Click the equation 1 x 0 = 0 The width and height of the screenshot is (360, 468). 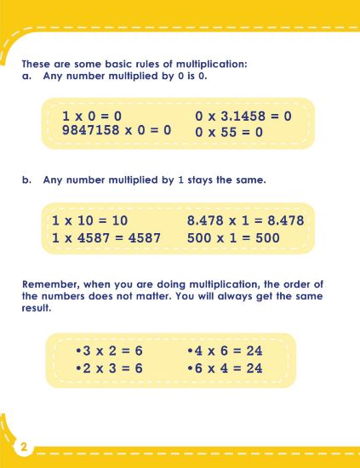coord(93,116)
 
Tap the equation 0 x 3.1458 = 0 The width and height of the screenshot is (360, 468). coord(243,116)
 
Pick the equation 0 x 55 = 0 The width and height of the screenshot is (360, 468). coord(229,132)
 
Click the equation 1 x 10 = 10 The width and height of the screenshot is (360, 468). coord(89,221)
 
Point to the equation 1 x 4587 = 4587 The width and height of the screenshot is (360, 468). coord(106,238)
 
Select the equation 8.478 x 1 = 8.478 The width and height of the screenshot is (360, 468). coord(245,221)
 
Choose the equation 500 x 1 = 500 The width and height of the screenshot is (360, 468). coord(233,238)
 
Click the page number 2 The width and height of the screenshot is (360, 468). coord(24,448)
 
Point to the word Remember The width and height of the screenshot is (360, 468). coord(50,284)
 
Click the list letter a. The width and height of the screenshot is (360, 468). coord(25,76)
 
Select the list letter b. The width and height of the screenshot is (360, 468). coord(25,180)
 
